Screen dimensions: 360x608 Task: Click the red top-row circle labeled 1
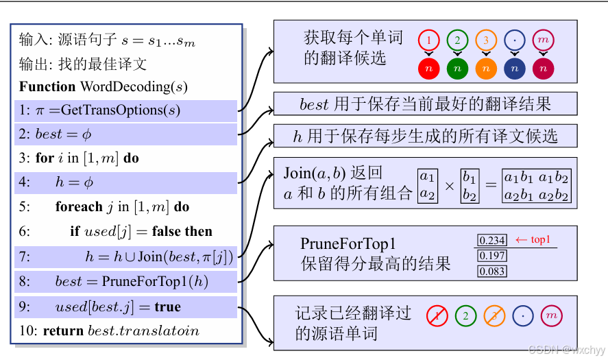click(428, 40)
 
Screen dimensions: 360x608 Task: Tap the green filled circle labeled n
click(457, 69)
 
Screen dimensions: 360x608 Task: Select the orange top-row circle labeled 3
click(485, 40)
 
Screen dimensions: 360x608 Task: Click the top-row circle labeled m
click(543, 40)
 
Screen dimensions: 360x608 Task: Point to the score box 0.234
click(491, 240)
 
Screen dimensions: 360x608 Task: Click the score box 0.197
click(491, 256)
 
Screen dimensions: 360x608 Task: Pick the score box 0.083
click(491, 272)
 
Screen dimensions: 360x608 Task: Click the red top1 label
click(533, 239)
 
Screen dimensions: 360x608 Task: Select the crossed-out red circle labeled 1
click(437, 315)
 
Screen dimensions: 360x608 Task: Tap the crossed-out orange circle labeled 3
click(494, 315)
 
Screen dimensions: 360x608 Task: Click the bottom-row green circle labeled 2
click(465, 315)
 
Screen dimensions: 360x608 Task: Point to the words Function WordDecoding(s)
click(103, 86)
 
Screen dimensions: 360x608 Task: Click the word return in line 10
click(64, 331)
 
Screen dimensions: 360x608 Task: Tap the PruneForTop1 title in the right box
click(348, 244)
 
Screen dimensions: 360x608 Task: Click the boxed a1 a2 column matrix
click(428, 185)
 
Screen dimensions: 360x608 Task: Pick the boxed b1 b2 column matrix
click(470, 185)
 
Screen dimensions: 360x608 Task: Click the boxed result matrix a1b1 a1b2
click(536, 185)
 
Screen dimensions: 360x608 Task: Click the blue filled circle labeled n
click(514, 69)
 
